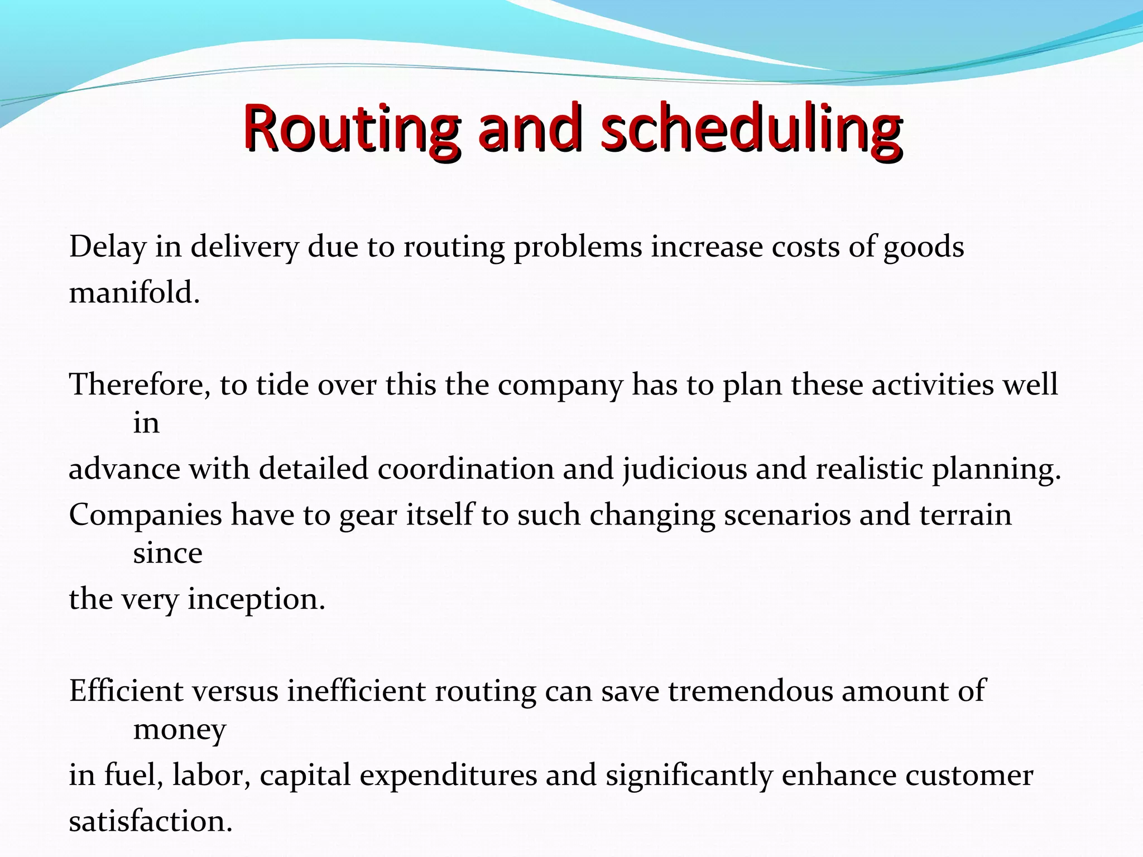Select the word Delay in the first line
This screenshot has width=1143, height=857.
pyautogui.click(x=108, y=247)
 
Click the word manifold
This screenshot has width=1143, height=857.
pyautogui.click(x=134, y=292)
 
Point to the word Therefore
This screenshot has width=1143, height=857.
pyautogui.click(x=140, y=385)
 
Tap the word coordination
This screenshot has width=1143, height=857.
pyautogui.click(x=465, y=469)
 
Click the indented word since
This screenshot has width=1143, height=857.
pyautogui.click(x=167, y=553)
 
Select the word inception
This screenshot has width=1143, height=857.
pyautogui.click(x=256, y=600)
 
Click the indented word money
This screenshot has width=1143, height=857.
pyautogui.click(x=180, y=730)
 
